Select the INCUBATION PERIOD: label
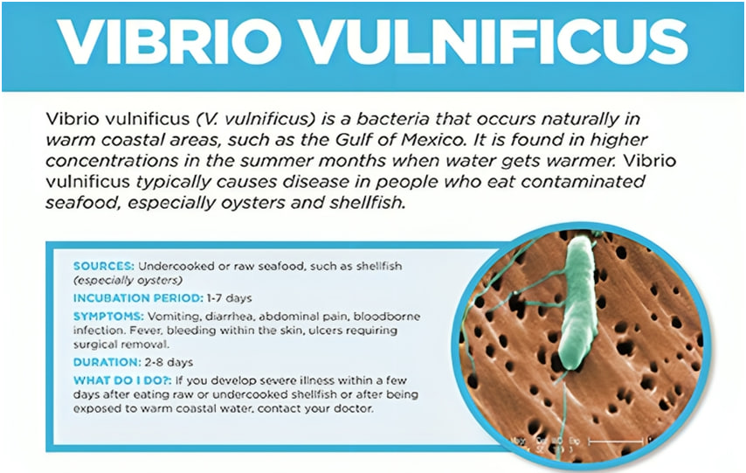pos(137,298)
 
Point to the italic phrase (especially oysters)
pos(128,281)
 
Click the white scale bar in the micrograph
pos(619,439)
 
